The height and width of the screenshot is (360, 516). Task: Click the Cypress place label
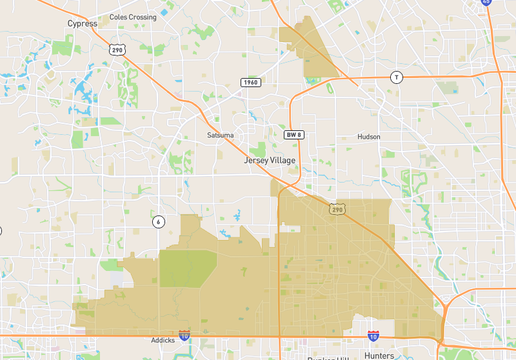[x=81, y=22]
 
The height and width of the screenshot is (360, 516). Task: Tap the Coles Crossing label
[x=133, y=17]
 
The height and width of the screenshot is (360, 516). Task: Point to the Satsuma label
[x=220, y=134]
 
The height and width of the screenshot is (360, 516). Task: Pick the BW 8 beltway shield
[x=293, y=134]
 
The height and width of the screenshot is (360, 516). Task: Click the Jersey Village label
[x=273, y=159]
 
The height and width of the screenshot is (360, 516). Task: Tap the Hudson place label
[x=368, y=137]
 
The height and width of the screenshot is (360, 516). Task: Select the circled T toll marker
[x=396, y=77]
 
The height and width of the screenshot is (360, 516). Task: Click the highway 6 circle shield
[x=158, y=221]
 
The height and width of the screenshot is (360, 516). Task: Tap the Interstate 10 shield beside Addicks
[x=184, y=337]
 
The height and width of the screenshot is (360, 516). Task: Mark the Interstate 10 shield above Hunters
[x=373, y=337]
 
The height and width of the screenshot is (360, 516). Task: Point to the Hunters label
[x=379, y=355]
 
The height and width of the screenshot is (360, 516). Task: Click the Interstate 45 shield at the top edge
[x=486, y=3]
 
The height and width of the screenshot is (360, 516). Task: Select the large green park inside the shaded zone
[x=188, y=268]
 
